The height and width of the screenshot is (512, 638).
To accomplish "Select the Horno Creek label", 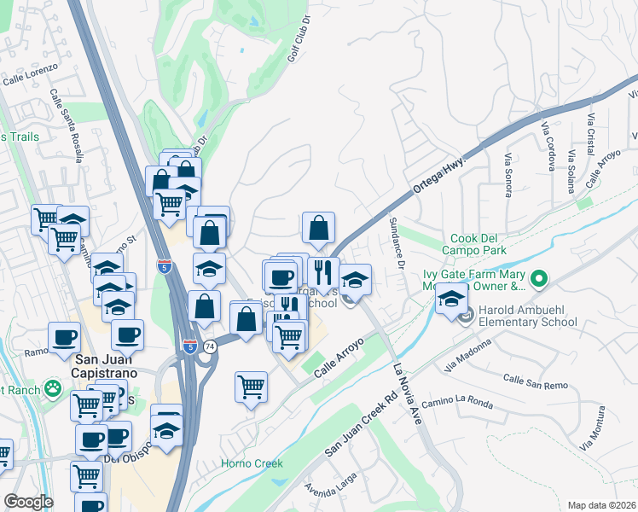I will pos(252,463).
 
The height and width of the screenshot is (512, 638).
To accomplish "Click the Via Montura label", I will pos(600,436).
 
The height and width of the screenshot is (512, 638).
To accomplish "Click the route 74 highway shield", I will pos(210,340).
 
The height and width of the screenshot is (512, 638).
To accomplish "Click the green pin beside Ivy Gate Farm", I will pos(538,278).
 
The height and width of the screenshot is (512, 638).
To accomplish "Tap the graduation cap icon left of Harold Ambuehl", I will pos(451,299).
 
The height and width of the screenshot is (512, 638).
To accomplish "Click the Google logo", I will pos(27,502).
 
